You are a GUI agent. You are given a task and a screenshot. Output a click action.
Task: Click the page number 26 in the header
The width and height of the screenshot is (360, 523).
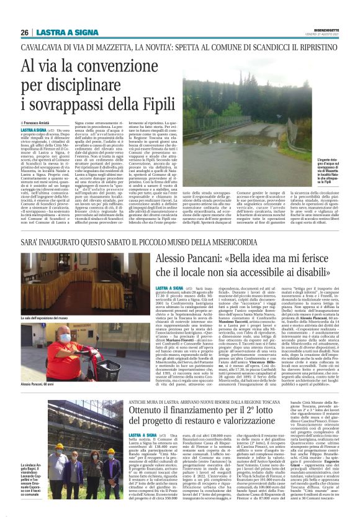[x=25, y=32]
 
